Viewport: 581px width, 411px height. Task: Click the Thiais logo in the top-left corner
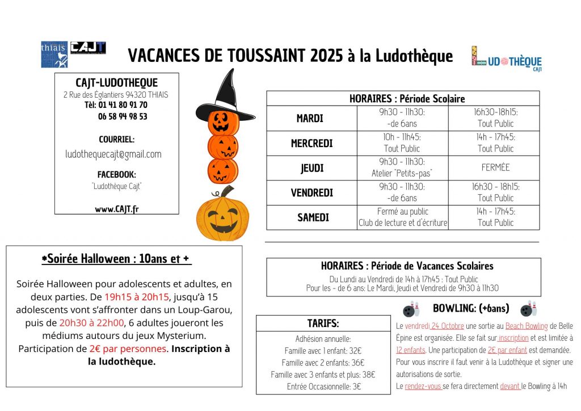54,54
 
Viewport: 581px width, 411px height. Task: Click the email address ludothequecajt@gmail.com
113,154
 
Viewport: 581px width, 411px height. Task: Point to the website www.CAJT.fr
116,209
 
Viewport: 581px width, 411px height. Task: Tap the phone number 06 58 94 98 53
123,116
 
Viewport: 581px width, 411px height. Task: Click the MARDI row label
310,119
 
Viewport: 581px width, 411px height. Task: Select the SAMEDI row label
313,217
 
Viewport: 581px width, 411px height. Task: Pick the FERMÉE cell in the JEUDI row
495,167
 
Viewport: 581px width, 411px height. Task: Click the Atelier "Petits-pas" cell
402,173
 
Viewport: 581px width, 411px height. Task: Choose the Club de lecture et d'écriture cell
403,223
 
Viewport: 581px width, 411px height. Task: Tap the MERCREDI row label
311,144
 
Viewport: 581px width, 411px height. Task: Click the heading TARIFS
323,324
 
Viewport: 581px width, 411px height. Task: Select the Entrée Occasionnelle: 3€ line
323,387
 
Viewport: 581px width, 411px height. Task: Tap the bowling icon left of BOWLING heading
411,309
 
